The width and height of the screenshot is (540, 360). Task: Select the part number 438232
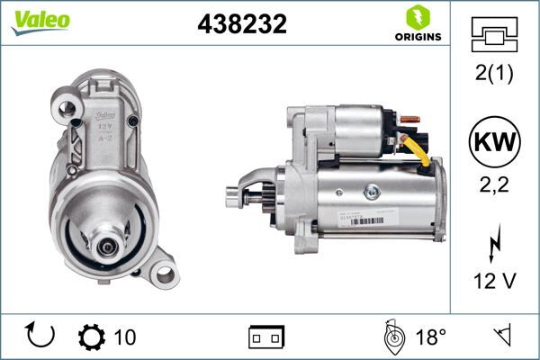click(x=241, y=25)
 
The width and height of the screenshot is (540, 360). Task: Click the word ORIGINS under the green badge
click(x=417, y=37)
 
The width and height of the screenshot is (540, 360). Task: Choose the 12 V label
click(x=495, y=282)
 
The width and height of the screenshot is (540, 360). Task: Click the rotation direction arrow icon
click(x=41, y=337)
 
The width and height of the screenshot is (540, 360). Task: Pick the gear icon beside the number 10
click(x=92, y=337)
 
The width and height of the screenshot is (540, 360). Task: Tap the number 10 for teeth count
click(x=125, y=337)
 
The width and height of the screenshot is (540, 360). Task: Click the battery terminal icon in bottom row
click(x=266, y=337)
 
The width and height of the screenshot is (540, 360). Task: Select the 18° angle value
click(x=430, y=337)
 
